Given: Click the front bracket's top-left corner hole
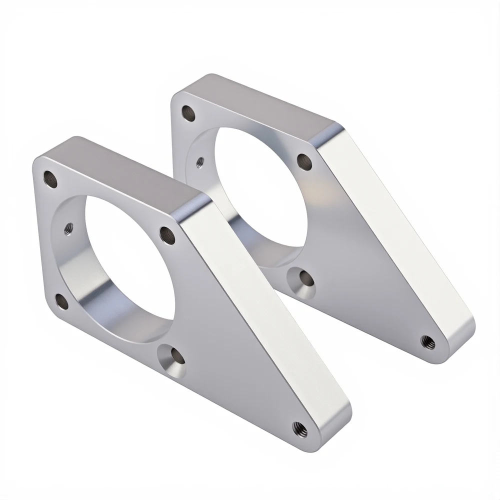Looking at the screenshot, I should pyautogui.click(x=50, y=178).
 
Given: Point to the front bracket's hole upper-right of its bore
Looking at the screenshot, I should pyautogui.click(x=167, y=234).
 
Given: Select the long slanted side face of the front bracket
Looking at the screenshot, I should pyautogui.click(x=265, y=320).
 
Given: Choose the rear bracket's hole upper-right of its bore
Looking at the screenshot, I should pyautogui.click(x=304, y=161).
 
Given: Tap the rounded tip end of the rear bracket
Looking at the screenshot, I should pyautogui.click(x=462, y=332).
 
